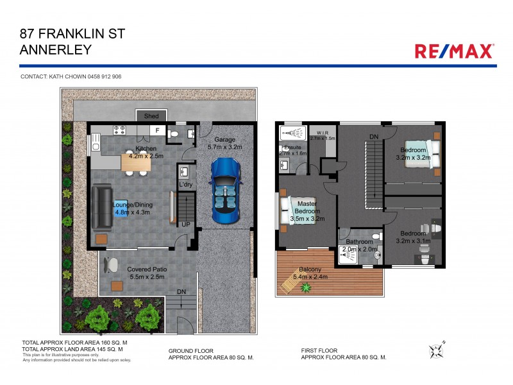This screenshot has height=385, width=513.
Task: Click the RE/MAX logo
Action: [x=455, y=51]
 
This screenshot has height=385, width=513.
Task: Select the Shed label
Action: [x=151, y=116]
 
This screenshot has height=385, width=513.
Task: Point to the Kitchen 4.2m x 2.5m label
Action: [x=147, y=151]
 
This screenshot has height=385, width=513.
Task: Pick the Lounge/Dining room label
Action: [x=131, y=207]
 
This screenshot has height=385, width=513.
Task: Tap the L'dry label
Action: [x=186, y=185]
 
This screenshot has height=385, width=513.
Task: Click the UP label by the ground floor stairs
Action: [x=186, y=225]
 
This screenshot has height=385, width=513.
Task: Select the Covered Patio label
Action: [x=147, y=273]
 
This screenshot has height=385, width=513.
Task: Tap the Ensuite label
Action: [x=293, y=151]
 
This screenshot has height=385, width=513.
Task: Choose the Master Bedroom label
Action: [x=306, y=210]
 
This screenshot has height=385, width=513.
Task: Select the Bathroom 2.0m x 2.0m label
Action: [x=360, y=245]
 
